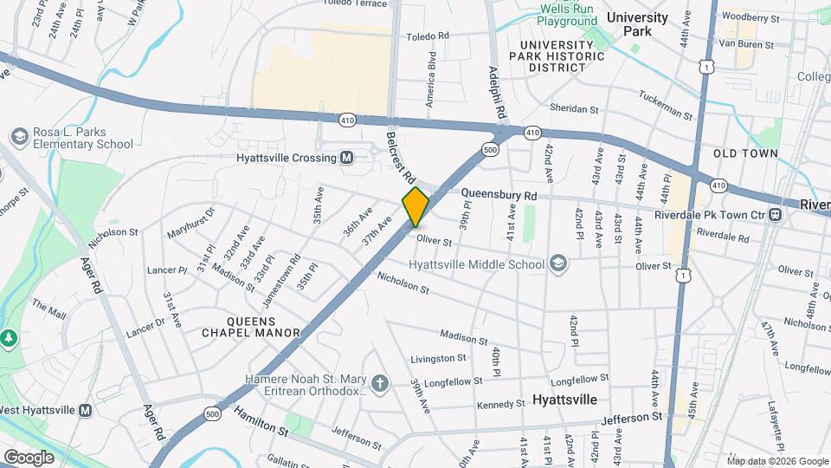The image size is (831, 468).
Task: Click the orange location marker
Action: coord(415,206)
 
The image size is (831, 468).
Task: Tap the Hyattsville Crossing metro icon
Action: coord(346,158)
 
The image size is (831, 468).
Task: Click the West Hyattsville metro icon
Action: coord(86,410)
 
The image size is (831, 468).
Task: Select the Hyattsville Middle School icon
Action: coord(558,263)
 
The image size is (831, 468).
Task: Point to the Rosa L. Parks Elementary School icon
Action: coord(19,137)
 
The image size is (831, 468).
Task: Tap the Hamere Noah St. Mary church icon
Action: coord(378,383)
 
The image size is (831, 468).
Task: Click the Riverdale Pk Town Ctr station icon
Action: coord(776,214)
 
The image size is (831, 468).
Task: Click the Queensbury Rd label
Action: coord(499,196)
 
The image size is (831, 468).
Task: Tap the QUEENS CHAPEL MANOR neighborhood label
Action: coord(250,326)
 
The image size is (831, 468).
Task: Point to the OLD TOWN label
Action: coord(744,153)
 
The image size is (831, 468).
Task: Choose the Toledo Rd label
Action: coord(431,36)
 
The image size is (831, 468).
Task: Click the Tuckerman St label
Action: coord(667,106)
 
